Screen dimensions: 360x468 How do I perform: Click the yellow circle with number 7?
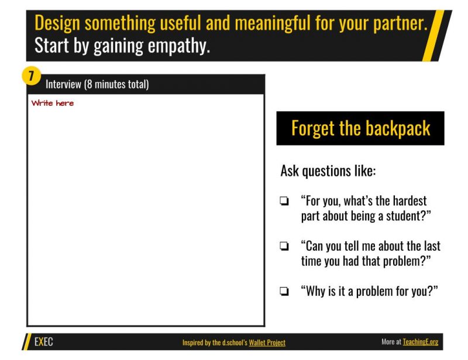(31, 76)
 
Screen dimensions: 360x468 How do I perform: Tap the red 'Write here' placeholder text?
(53, 103)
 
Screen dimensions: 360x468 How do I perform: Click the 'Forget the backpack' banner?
(360, 129)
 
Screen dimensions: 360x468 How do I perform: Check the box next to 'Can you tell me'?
(284, 247)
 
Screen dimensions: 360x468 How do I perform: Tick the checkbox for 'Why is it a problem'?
(284, 292)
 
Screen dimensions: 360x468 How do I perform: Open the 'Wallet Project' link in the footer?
(267, 342)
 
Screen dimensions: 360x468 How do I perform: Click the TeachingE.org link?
(420, 342)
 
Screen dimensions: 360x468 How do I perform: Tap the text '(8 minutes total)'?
(116, 84)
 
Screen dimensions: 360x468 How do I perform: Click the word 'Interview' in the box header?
(63, 84)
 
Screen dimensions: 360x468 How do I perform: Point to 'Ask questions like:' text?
(328, 171)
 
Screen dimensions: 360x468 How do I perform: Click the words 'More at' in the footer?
(391, 342)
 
